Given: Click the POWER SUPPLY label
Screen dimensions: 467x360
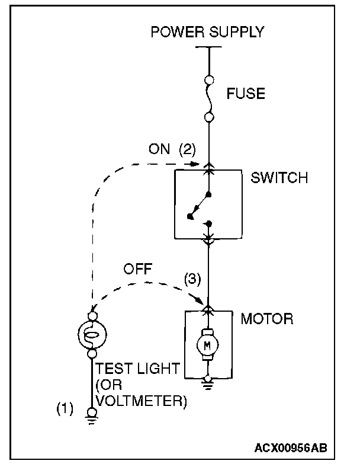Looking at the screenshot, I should [207, 32].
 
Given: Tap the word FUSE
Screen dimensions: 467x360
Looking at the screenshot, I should [246, 94].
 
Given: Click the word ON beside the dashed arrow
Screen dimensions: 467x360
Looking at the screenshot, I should [159, 150].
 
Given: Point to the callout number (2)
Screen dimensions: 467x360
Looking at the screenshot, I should [187, 150].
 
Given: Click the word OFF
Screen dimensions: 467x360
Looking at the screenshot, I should [137, 269].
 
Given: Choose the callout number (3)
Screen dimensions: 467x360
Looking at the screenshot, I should [194, 277].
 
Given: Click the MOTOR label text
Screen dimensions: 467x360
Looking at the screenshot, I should [266, 319].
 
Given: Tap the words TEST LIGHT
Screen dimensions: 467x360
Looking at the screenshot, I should [137, 369].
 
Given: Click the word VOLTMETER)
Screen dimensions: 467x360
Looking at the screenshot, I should [141, 401].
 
